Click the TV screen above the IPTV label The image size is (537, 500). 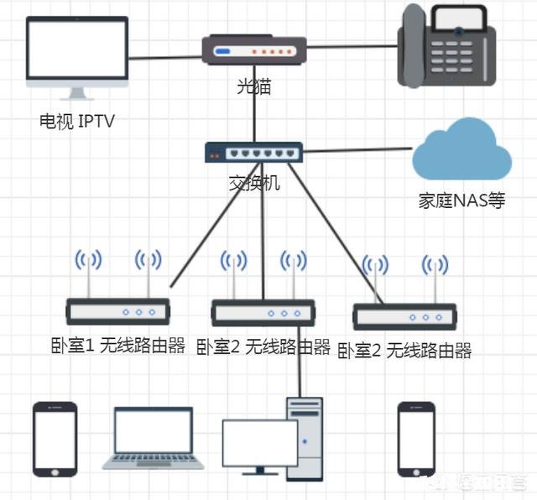[x=77, y=52]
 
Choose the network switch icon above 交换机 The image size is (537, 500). [x=253, y=153]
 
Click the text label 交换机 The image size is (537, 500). [x=254, y=182]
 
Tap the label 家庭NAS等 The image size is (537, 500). [x=461, y=201]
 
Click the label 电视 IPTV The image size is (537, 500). [x=76, y=122]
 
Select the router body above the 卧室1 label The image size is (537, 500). [x=118, y=311]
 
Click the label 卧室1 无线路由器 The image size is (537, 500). [x=118, y=346]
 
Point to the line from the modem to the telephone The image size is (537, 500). [x=352, y=47]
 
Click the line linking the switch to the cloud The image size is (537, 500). [x=357, y=151]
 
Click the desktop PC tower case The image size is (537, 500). [x=305, y=436]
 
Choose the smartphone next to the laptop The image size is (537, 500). [x=55, y=439]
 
